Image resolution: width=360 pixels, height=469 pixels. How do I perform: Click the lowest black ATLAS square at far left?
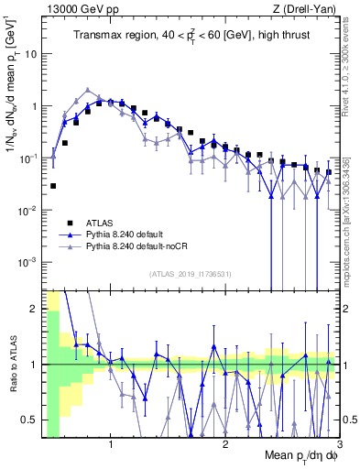53,186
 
